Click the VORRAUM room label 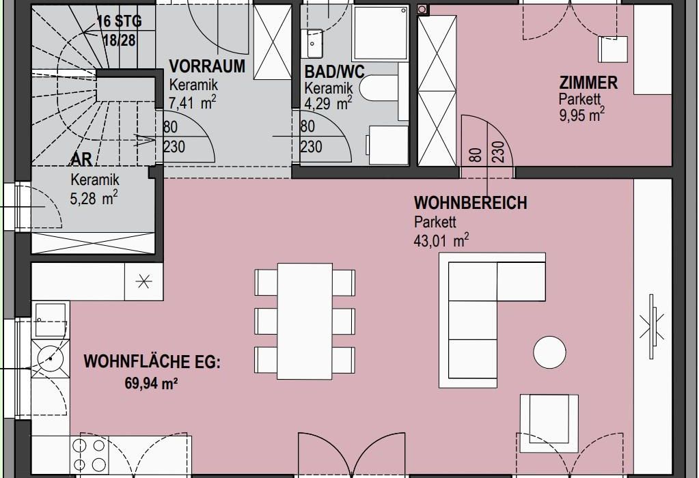207,66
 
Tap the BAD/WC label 334,72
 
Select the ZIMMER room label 588,83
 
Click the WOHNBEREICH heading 471,203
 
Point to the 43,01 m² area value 441,240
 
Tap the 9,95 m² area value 582,115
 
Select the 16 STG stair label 120,21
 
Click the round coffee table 549,352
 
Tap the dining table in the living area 305,321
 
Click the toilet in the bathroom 379,88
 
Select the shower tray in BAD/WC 381,33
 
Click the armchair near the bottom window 549,419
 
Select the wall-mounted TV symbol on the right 652,326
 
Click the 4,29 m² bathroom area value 328,104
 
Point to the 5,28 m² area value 94,198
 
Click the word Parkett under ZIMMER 580,99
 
